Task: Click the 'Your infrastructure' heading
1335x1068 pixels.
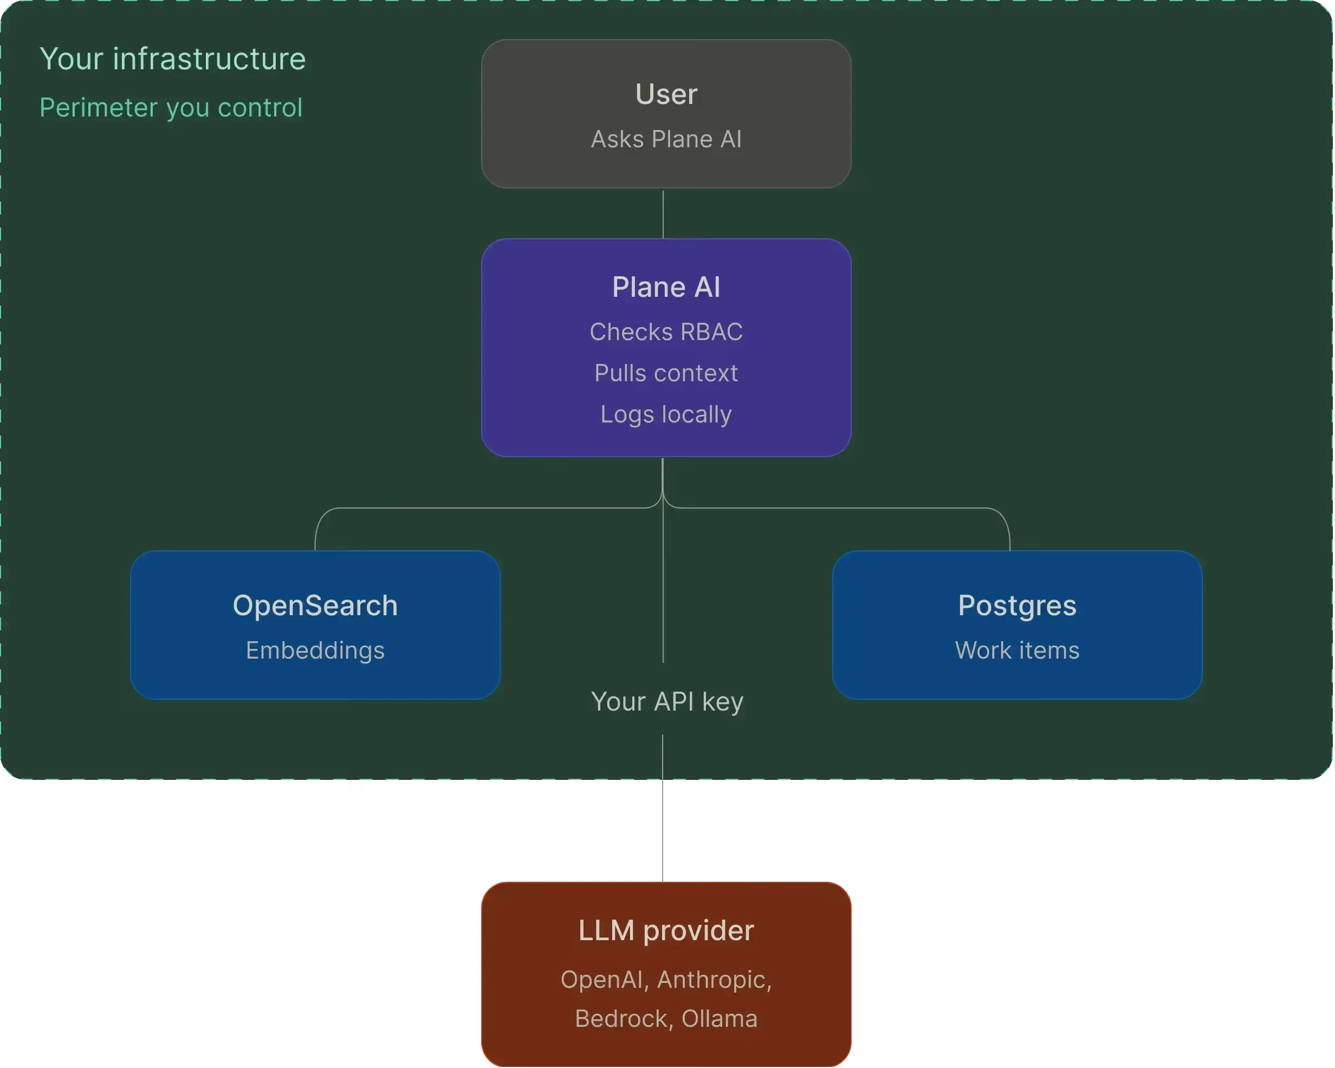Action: point(173,59)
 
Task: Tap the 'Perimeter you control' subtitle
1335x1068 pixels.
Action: point(171,108)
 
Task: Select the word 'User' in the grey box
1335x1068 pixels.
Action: point(666,94)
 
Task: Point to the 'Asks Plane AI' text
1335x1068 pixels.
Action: point(666,139)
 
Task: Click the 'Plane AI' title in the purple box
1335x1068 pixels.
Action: point(666,287)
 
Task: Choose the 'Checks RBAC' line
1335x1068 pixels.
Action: point(666,332)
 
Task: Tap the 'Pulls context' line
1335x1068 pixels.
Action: point(666,373)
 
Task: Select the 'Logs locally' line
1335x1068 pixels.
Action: point(666,415)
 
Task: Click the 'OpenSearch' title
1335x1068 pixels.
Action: point(315,606)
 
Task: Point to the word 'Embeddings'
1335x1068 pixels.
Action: point(315,650)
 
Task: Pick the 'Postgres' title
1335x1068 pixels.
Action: point(1018,606)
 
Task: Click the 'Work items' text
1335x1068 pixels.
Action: point(1018,650)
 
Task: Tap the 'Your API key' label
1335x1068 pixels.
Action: point(667,702)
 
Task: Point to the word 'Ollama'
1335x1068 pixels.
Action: point(720,1019)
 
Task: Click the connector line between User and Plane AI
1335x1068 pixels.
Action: point(663,215)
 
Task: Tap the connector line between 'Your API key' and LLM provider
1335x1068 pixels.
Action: point(663,809)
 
